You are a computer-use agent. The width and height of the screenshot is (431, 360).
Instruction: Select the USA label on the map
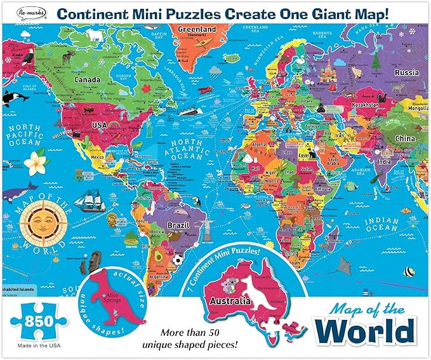[x=100, y=126]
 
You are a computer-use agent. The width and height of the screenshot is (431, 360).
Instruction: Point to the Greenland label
[x=194, y=29]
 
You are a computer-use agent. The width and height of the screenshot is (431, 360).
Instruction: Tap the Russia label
[x=406, y=72]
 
